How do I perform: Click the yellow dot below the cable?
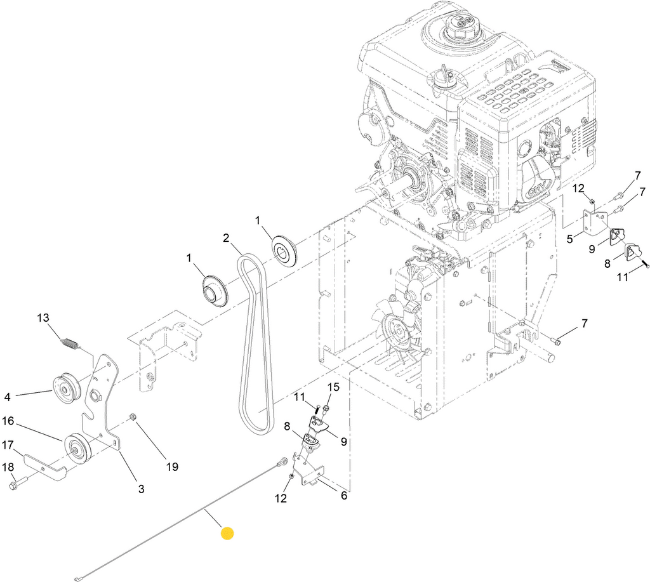tap(227, 534)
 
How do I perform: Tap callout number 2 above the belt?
tap(225, 239)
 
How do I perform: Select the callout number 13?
tap(43, 318)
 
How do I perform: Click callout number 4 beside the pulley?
tap(8, 397)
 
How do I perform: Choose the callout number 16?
tap(8, 421)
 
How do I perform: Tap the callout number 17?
tap(8, 444)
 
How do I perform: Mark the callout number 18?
tap(8, 467)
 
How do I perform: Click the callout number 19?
tap(171, 467)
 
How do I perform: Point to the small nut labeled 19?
tap(133, 416)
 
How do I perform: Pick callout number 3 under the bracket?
tap(141, 489)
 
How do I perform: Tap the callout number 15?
tap(333, 387)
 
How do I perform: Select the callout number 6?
tap(343, 496)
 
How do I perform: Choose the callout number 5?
tap(570, 239)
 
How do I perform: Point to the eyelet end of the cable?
tap(282, 461)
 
